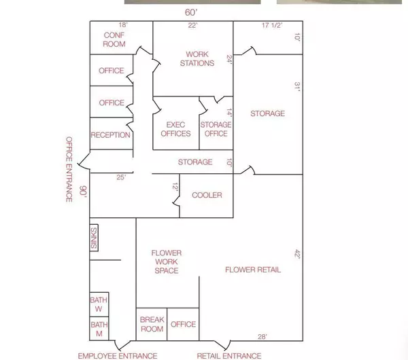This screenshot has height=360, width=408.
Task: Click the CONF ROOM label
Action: [x=114, y=39]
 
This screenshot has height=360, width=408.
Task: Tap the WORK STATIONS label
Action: [x=197, y=58]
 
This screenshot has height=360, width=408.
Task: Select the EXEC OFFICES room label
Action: [x=175, y=129]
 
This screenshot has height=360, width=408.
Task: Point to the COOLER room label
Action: [x=207, y=195]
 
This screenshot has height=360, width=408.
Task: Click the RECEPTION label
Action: [x=111, y=135]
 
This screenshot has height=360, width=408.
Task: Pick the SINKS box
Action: [x=94, y=238]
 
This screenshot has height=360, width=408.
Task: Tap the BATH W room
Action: [x=99, y=304]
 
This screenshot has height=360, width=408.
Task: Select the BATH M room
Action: [x=99, y=329]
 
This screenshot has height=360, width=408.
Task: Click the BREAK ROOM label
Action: [x=152, y=324]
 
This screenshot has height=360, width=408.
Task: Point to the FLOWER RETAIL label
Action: [x=253, y=270]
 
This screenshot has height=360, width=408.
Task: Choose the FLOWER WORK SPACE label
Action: [x=167, y=262]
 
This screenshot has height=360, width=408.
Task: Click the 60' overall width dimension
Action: [x=192, y=12]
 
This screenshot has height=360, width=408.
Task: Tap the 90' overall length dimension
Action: [x=83, y=192]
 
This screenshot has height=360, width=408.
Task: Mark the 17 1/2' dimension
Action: [x=272, y=25]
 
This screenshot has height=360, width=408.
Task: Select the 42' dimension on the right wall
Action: [x=297, y=253]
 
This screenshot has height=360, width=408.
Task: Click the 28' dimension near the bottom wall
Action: [x=262, y=337]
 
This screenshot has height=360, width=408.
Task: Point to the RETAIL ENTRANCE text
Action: [x=229, y=356]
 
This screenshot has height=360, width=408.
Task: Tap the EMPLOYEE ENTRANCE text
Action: [x=118, y=356]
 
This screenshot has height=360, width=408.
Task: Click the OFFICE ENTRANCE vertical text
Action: [x=69, y=170]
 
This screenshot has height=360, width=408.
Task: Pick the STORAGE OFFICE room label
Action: [x=216, y=129]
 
